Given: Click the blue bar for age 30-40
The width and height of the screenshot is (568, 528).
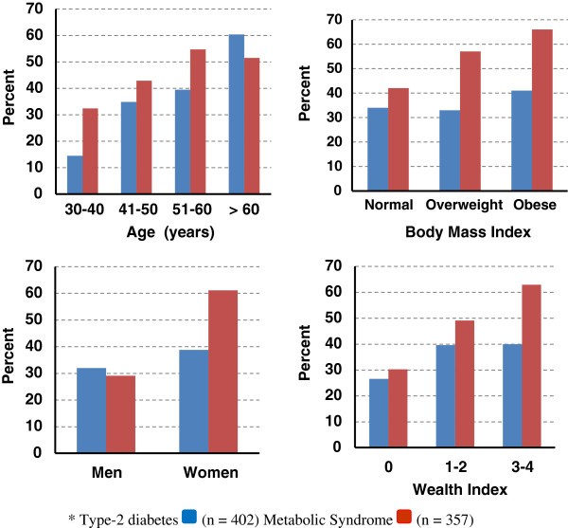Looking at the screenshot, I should [x=75, y=174].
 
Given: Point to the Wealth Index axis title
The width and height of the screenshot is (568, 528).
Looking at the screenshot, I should [x=453, y=490].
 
